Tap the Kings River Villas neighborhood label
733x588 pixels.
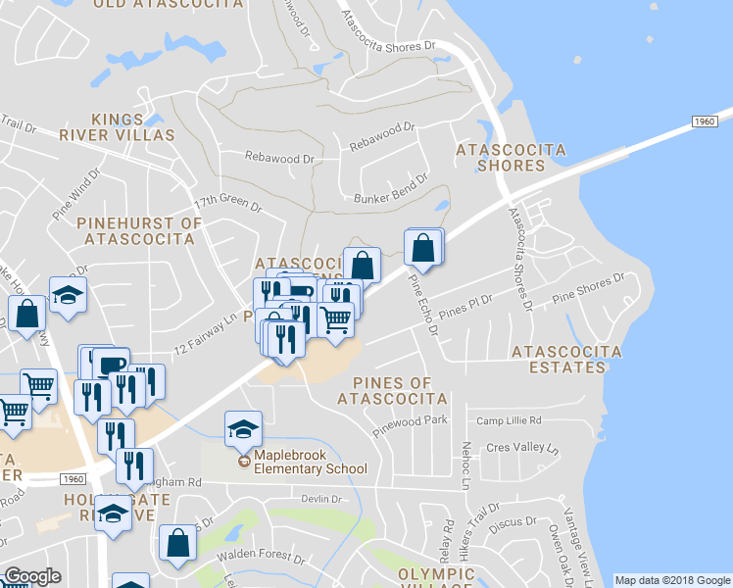click(x=117, y=126)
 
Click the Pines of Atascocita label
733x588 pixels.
click(x=392, y=390)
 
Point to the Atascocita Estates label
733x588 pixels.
click(x=566, y=359)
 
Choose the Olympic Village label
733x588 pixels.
click(x=437, y=577)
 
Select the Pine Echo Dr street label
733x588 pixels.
click(x=422, y=303)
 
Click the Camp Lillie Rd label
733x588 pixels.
click(x=509, y=420)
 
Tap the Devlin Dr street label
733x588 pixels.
click(x=320, y=499)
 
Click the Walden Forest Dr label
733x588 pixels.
click(x=260, y=556)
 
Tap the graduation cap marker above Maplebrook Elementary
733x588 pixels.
click(x=243, y=428)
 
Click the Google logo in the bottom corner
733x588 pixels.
click(x=32, y=576)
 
